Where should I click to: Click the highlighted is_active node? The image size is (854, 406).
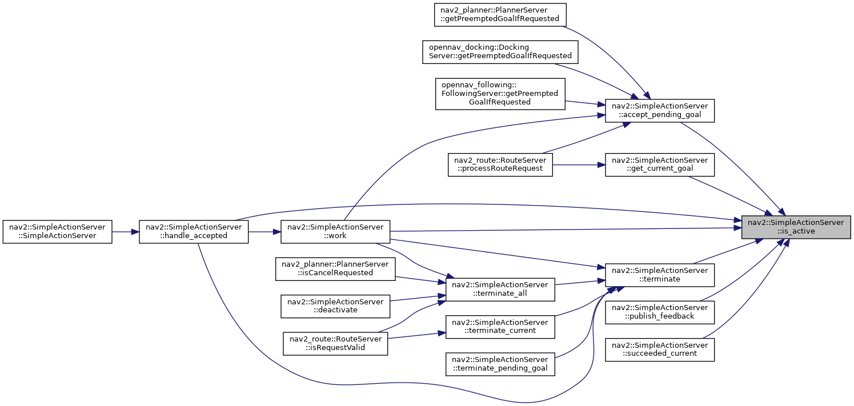pyautogui.click(x=796, y=227)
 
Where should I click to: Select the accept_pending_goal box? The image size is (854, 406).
pyautogui.click(x=660, y=111)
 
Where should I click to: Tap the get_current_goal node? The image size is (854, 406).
pyautogui.click(x=660, y=164)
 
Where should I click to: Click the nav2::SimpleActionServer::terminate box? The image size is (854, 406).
pyautogui.click(x=660, y=275)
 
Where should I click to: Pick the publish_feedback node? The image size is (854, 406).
pyautogui.click(x=660, y=312)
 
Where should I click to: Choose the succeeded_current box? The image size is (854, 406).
pyautogui.click(x=660, y=349)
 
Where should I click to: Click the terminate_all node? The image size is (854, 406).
pyautogui.click(x=500, y=290)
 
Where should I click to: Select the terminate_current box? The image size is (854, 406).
pyautogui.click(x=500, y=327)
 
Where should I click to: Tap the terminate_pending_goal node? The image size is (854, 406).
pyautogui.click(x=500, y=364)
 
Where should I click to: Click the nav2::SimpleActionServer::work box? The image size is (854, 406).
pyautogui.click(x=335, y=231)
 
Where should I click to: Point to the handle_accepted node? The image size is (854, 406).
pyautogui.click(x=194, y=231)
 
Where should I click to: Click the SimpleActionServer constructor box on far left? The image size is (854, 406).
pyautogui.click(x=57, y=231)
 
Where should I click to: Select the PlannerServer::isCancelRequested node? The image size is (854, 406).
pyautogui.click(x=335, y=269)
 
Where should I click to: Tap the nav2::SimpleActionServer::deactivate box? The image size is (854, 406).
pyautogui.click(x=335, y=306)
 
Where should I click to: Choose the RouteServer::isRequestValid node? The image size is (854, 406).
pyautogui.click(x=335, y=344)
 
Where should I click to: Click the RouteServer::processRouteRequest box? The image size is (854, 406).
pyautogui.click(x=500, y=164)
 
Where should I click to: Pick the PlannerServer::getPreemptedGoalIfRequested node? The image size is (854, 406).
pyautogui.click(x=500, y=15)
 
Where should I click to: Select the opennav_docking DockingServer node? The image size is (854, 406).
pyautogui.click(x=500, y=52)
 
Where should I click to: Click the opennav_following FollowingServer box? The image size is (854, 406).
pyautogui.click(x=500, y=94)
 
